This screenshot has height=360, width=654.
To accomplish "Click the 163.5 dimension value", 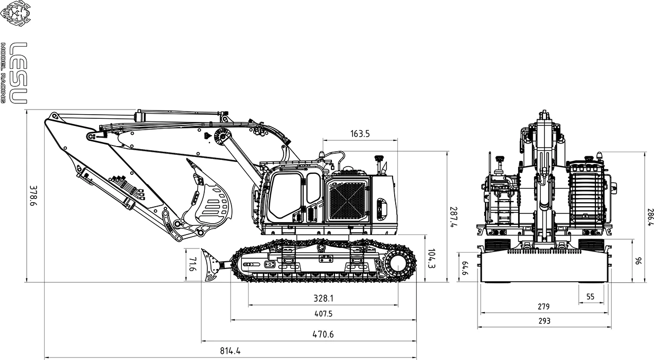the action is (360, 134).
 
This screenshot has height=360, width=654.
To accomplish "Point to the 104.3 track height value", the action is (432, 259).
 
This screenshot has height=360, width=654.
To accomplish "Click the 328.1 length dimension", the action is (323, 298).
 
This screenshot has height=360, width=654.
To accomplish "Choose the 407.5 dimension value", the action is (323, 314).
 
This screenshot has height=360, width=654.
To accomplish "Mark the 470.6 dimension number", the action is (323, 334).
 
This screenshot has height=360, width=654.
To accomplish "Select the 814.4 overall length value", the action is (231, 352).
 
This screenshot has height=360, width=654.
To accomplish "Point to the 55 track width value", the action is (590, 297).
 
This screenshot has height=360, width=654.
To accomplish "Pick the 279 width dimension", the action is (543, 307).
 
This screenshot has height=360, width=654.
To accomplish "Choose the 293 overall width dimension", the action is (544, 321).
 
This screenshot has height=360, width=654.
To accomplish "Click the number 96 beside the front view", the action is (638, 261).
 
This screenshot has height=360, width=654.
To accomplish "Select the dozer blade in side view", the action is (209, 265).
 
